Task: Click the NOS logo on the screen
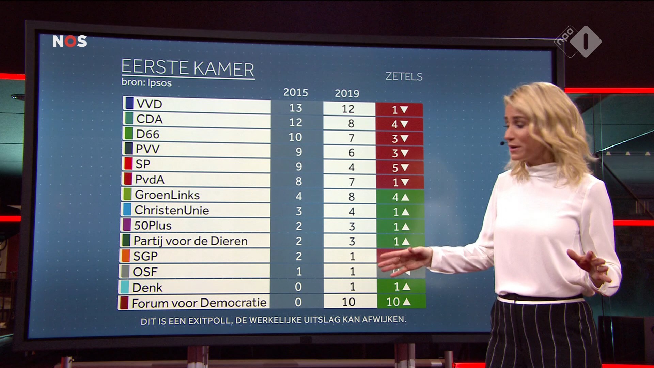pos(69,41)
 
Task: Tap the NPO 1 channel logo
pos(578,41)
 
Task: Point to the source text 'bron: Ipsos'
pos(146,83)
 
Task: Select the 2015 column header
pos(295,92)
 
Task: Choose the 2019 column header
pos(347,93)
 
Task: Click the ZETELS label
pos(404,77)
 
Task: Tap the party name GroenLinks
pos(167,195)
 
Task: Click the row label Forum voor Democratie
pos(199,303)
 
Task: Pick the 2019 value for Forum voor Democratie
pos(348,302)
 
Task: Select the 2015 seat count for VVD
pos(295,108)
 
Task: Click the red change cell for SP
pos(400,168)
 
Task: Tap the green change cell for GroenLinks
pos(400,197)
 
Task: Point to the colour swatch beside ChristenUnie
pos(127,210)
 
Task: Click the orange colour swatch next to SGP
pos(125,256)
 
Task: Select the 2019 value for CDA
pos(351,123)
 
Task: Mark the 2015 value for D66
pos(295,137)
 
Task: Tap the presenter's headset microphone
pos(502,143)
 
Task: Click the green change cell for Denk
pos(401,287)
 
